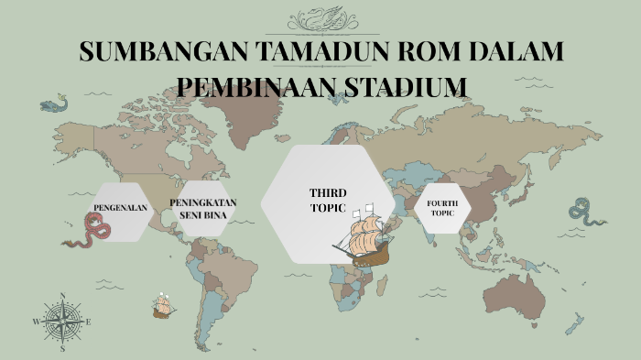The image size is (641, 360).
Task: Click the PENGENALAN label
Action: [121, 208]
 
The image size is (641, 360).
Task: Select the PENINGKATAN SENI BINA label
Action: [203, 208]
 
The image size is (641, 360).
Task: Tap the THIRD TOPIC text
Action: [327, 200]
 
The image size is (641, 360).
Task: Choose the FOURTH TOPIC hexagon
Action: [442, 208]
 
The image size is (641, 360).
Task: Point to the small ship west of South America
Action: [164, 305]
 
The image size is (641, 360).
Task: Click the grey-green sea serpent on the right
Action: [584, 213]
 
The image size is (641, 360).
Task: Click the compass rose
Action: [62, 322]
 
